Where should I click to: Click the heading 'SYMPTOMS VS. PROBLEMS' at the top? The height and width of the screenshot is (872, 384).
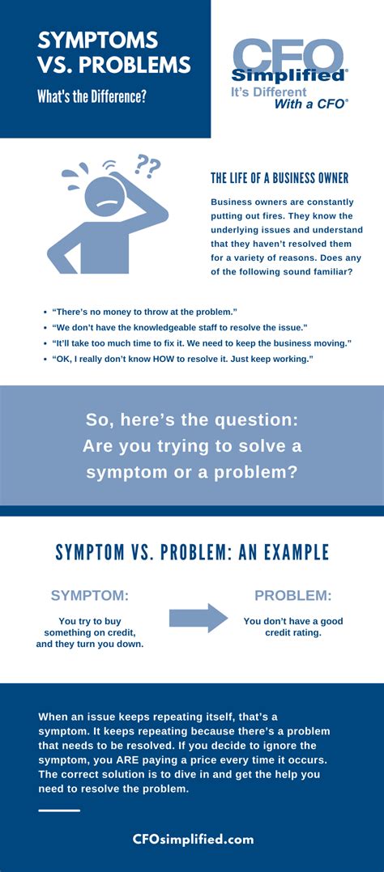pyautogui.click(x=113, y=52)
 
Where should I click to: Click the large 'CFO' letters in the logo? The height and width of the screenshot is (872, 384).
pyautogui.click(x=288, y=56)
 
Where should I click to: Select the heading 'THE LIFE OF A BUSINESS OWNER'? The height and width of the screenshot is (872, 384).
pyautogui.click(x=279, y=178)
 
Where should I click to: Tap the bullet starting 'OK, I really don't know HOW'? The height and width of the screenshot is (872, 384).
pyautogui.click(x=182, y=359)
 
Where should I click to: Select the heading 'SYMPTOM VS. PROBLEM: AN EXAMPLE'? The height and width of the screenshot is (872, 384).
pyautogui.click(x=192, y=553)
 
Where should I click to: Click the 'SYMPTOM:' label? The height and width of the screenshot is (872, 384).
pyautogui.click(x=89, y=596)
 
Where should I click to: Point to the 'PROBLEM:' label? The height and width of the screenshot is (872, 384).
pyautogui.click(x=292, y=596)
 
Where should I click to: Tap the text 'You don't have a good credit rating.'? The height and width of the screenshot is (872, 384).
pyautogui.click(x=292, y=627)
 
